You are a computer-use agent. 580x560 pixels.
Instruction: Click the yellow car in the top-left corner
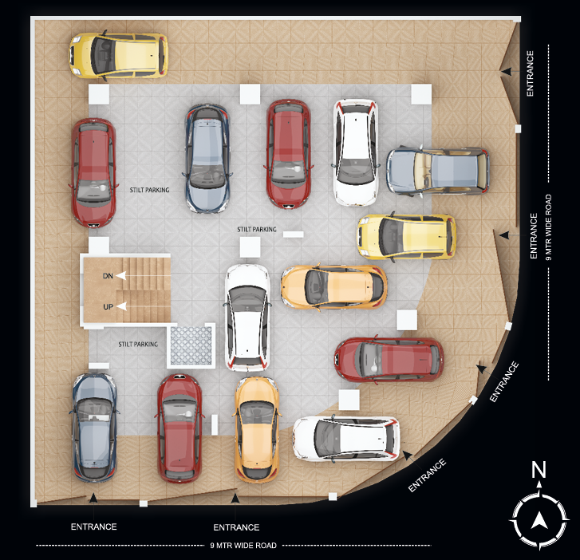pyautogui.click(x=119, y=55)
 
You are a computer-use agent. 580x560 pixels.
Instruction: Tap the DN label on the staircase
pyautogui.click(x=108, y=276)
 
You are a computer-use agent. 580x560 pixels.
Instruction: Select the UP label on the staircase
pyautogui.click(x=108, y=306)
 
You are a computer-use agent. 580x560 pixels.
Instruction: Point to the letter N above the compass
pyautogui.click(x=539, y=470)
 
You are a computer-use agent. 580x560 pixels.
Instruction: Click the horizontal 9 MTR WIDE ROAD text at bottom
pyautogui.click(x=243, y=546)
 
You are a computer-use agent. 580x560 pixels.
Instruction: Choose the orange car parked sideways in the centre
pyautogui.click(x=333, y=287)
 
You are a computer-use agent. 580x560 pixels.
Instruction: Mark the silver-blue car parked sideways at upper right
pyautogui.click(x=437, y=171)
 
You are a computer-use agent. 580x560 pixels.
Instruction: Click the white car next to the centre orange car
pyautogui.click(x=247, y=317)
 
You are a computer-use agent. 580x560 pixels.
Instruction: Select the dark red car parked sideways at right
pyautogui.click(x=389, y=360)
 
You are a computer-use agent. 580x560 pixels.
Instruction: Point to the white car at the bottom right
pyautogui.click(x=345, y=438)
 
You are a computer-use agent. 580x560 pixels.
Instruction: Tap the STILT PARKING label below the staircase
pyautogui.click(x=138, y=344)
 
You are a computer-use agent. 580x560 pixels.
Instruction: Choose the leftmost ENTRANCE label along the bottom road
pyautogui.click(x=94, y=526)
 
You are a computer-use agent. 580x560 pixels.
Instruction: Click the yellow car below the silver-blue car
pyautogui.click(x=406, y=237)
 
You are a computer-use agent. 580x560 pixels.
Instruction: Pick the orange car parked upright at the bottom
pyautogui.click(x=256, y=429)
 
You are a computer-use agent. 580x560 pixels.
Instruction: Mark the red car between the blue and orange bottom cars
pyautogui.click(x=180, y=428)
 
